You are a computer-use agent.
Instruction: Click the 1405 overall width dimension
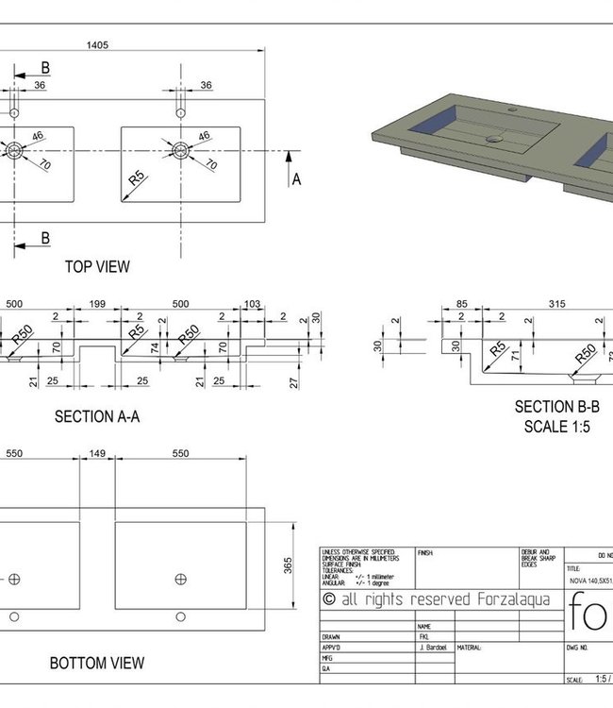tap(95, 43)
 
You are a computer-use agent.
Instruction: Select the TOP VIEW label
tap(97, 267)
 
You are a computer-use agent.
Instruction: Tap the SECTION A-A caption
tap(97, 416)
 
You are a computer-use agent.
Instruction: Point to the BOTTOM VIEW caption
tap(97, 664)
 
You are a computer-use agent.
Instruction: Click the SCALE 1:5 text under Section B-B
tap(556, 426)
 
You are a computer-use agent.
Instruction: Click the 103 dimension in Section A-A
tap(252, 305)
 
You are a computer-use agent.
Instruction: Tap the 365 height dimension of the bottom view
tap(289, 565)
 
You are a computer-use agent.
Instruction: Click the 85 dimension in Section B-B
tap(461, 305)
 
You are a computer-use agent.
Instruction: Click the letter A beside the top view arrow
tap(295, 179)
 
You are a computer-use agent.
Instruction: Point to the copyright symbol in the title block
tap(329, 598)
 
